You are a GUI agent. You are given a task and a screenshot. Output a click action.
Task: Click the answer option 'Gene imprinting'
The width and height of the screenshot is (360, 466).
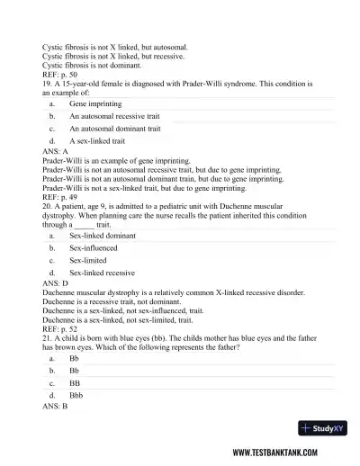tap(90, 103)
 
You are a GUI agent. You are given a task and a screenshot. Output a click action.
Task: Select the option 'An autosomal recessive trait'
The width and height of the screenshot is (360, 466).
tap(114, 116)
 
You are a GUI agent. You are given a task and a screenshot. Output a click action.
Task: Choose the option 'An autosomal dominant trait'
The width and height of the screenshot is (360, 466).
tap(114, 129)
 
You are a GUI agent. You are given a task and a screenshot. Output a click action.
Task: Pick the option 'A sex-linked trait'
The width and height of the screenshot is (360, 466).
tap(97, 141)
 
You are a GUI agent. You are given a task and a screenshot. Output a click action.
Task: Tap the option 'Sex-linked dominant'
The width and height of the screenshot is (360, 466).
tap(101, 235)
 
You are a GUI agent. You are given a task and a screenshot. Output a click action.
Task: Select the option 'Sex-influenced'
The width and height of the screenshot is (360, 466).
tap(93, 247)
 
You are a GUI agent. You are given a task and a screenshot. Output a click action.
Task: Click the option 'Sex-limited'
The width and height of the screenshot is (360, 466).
tap(88, 260)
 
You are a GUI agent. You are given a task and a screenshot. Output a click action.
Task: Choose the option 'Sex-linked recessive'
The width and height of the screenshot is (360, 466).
tap(102, 273)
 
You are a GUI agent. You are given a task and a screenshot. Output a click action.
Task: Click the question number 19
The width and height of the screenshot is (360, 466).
tap(47, 83)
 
